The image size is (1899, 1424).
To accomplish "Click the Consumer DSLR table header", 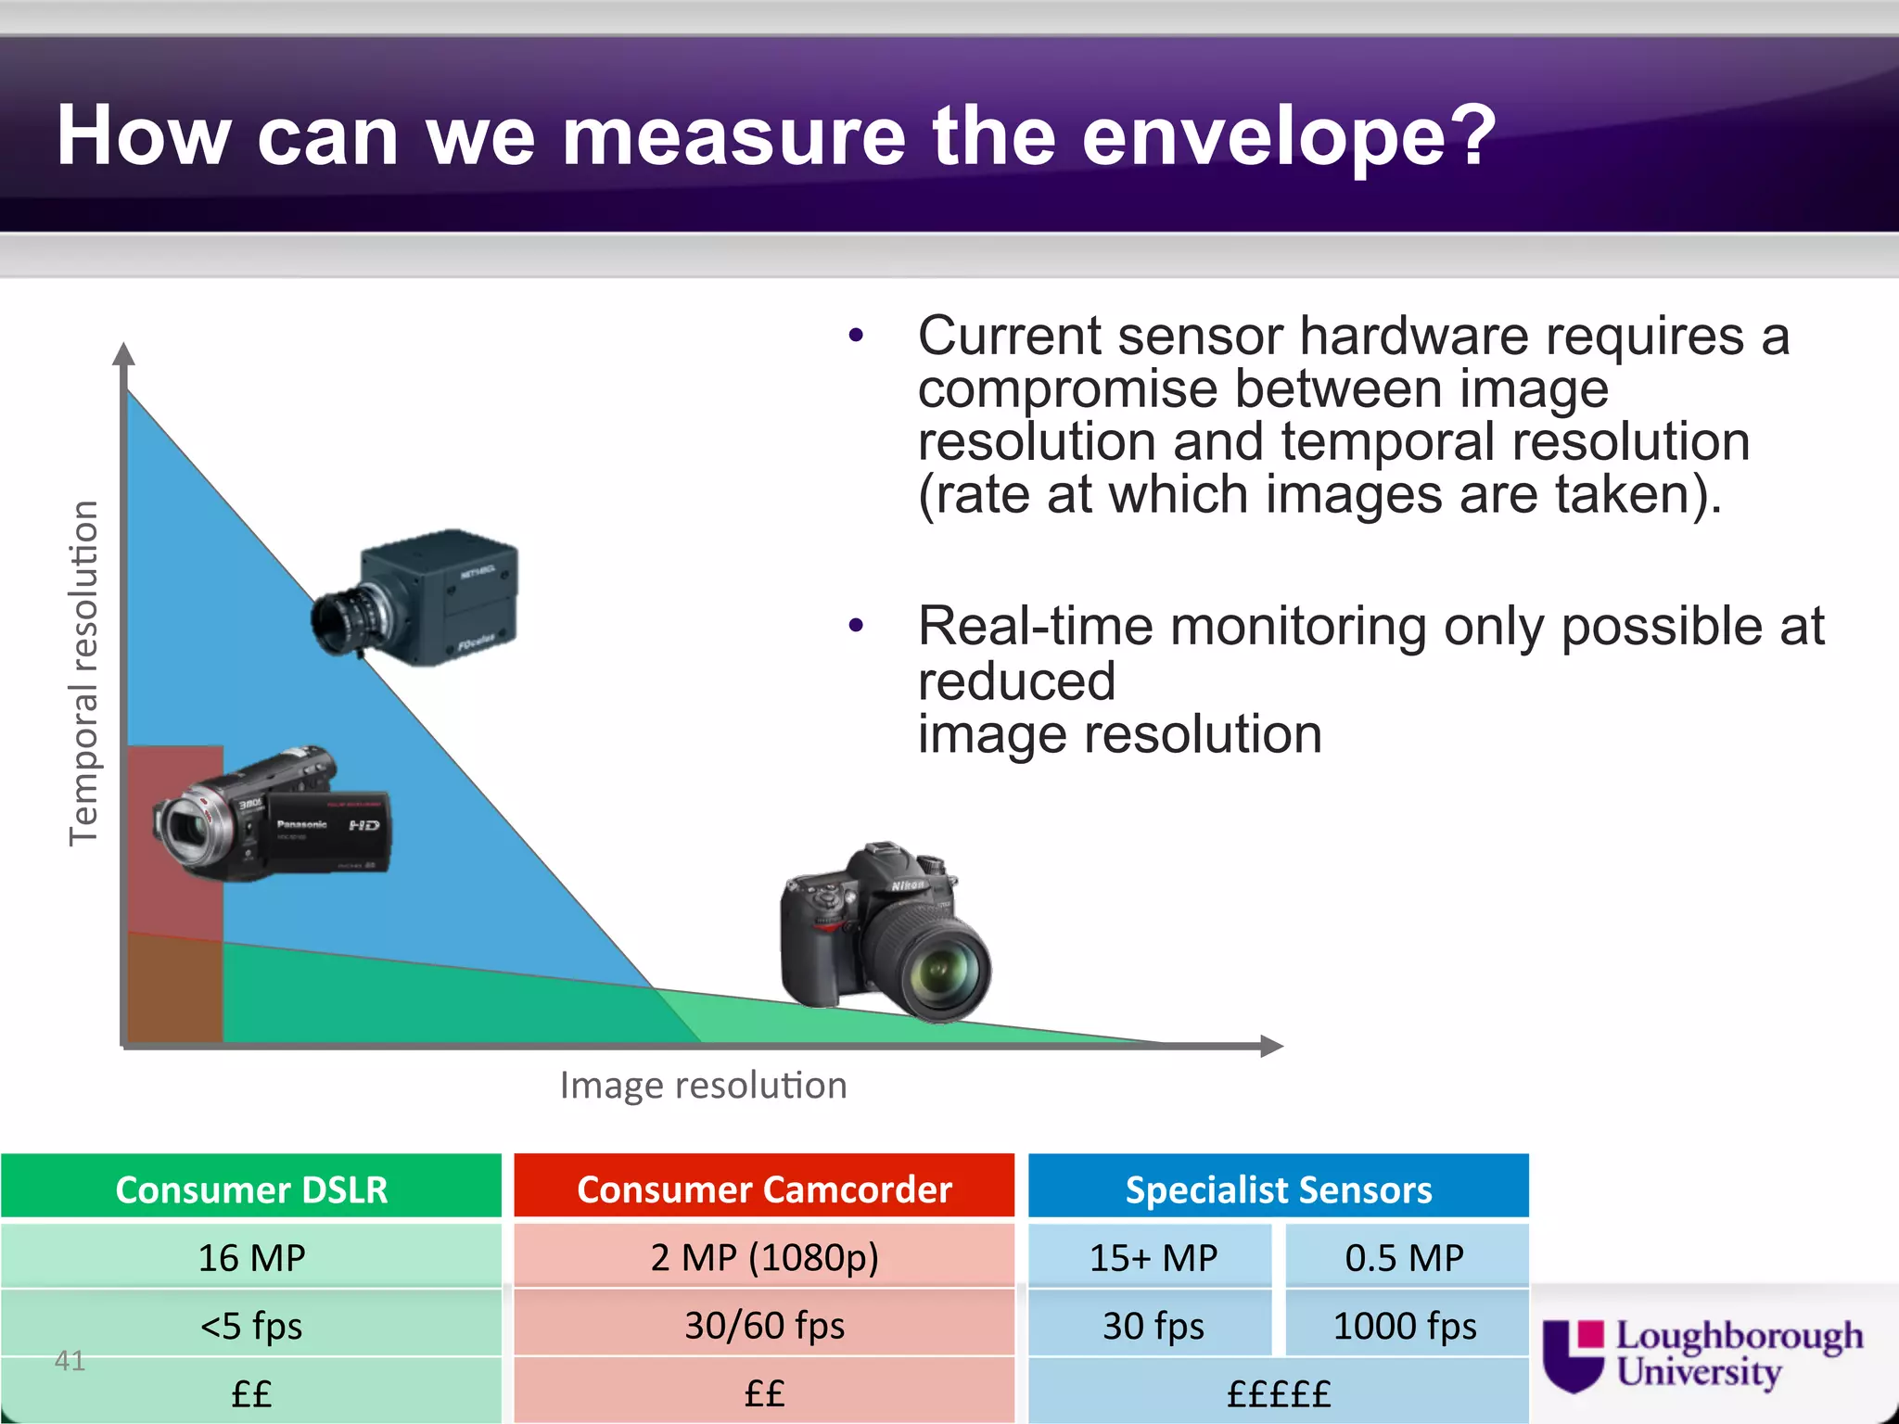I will point(251,1189).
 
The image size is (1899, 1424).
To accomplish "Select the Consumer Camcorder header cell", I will point(764,1189).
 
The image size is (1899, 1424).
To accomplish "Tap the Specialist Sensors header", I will point(1278,1189).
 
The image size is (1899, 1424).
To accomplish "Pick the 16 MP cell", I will point(251,1257).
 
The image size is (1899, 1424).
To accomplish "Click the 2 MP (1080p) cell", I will point(764,1257).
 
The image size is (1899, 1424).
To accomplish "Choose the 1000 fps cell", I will point(1405,1326).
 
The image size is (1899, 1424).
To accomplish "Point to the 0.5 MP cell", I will point(1405,1257).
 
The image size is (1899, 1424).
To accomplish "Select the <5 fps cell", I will point(251,1326).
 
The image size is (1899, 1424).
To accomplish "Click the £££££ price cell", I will point(1278,1393).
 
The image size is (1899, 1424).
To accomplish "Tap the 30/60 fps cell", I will point(764,1326).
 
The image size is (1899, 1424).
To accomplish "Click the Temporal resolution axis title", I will point(83,672).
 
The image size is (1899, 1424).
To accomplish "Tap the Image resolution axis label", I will point(703,1085).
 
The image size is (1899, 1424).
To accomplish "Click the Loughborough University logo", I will point(1701,1354).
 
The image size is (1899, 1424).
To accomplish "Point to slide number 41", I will point(70,1360).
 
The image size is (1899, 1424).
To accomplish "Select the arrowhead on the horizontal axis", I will point(1272,1046).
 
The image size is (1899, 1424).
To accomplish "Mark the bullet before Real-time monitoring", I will point(855,627).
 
